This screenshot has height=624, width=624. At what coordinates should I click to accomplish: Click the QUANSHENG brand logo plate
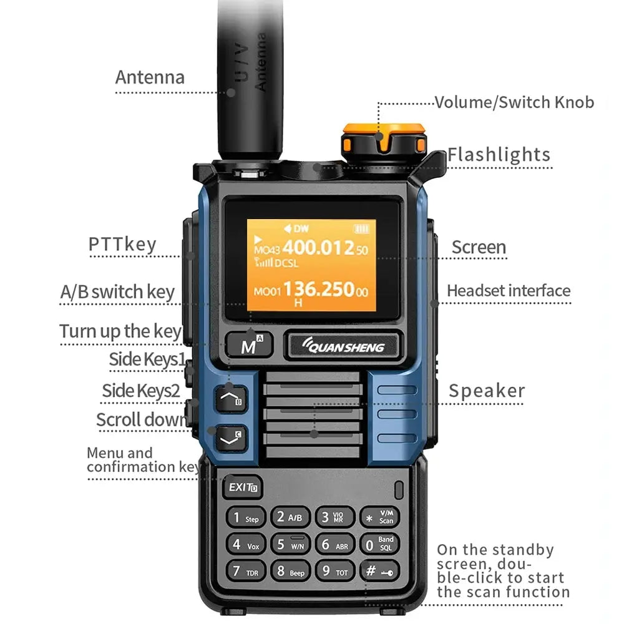344,346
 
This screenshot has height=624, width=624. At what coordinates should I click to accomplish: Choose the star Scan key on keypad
379,517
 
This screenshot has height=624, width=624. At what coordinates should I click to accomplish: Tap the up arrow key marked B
230,397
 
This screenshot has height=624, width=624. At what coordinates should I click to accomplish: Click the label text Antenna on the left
150,77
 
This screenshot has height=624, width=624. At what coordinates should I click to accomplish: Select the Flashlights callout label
499,155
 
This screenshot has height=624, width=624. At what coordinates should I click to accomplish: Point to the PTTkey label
122,244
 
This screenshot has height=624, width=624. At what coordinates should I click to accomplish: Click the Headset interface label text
509,291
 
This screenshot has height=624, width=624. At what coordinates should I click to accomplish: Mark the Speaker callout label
487,391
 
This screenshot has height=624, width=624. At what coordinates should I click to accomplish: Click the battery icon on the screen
361,229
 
